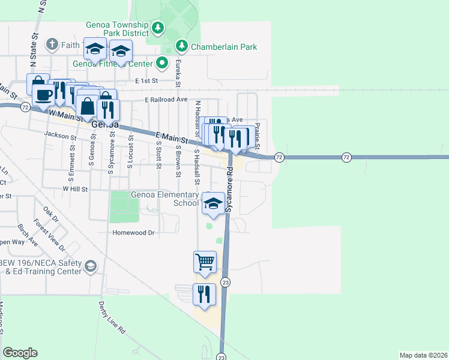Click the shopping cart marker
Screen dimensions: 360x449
(x=205, y=262)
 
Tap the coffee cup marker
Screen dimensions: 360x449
(x=43, y=94)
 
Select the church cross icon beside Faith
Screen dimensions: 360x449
(x=52, y=44)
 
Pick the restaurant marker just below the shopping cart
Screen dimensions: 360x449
(x=204, y=295)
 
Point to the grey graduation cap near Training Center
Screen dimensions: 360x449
(x=90, y=266)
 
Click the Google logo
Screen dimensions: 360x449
(x=20, y=353)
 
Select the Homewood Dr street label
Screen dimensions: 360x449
(x=134, y=232)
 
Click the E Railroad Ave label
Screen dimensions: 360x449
(x=166, y=100)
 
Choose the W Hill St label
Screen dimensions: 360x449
(x=75, y=188)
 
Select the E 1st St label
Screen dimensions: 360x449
(x=146, y=80)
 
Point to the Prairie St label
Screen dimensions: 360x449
(x=257, y=136)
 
